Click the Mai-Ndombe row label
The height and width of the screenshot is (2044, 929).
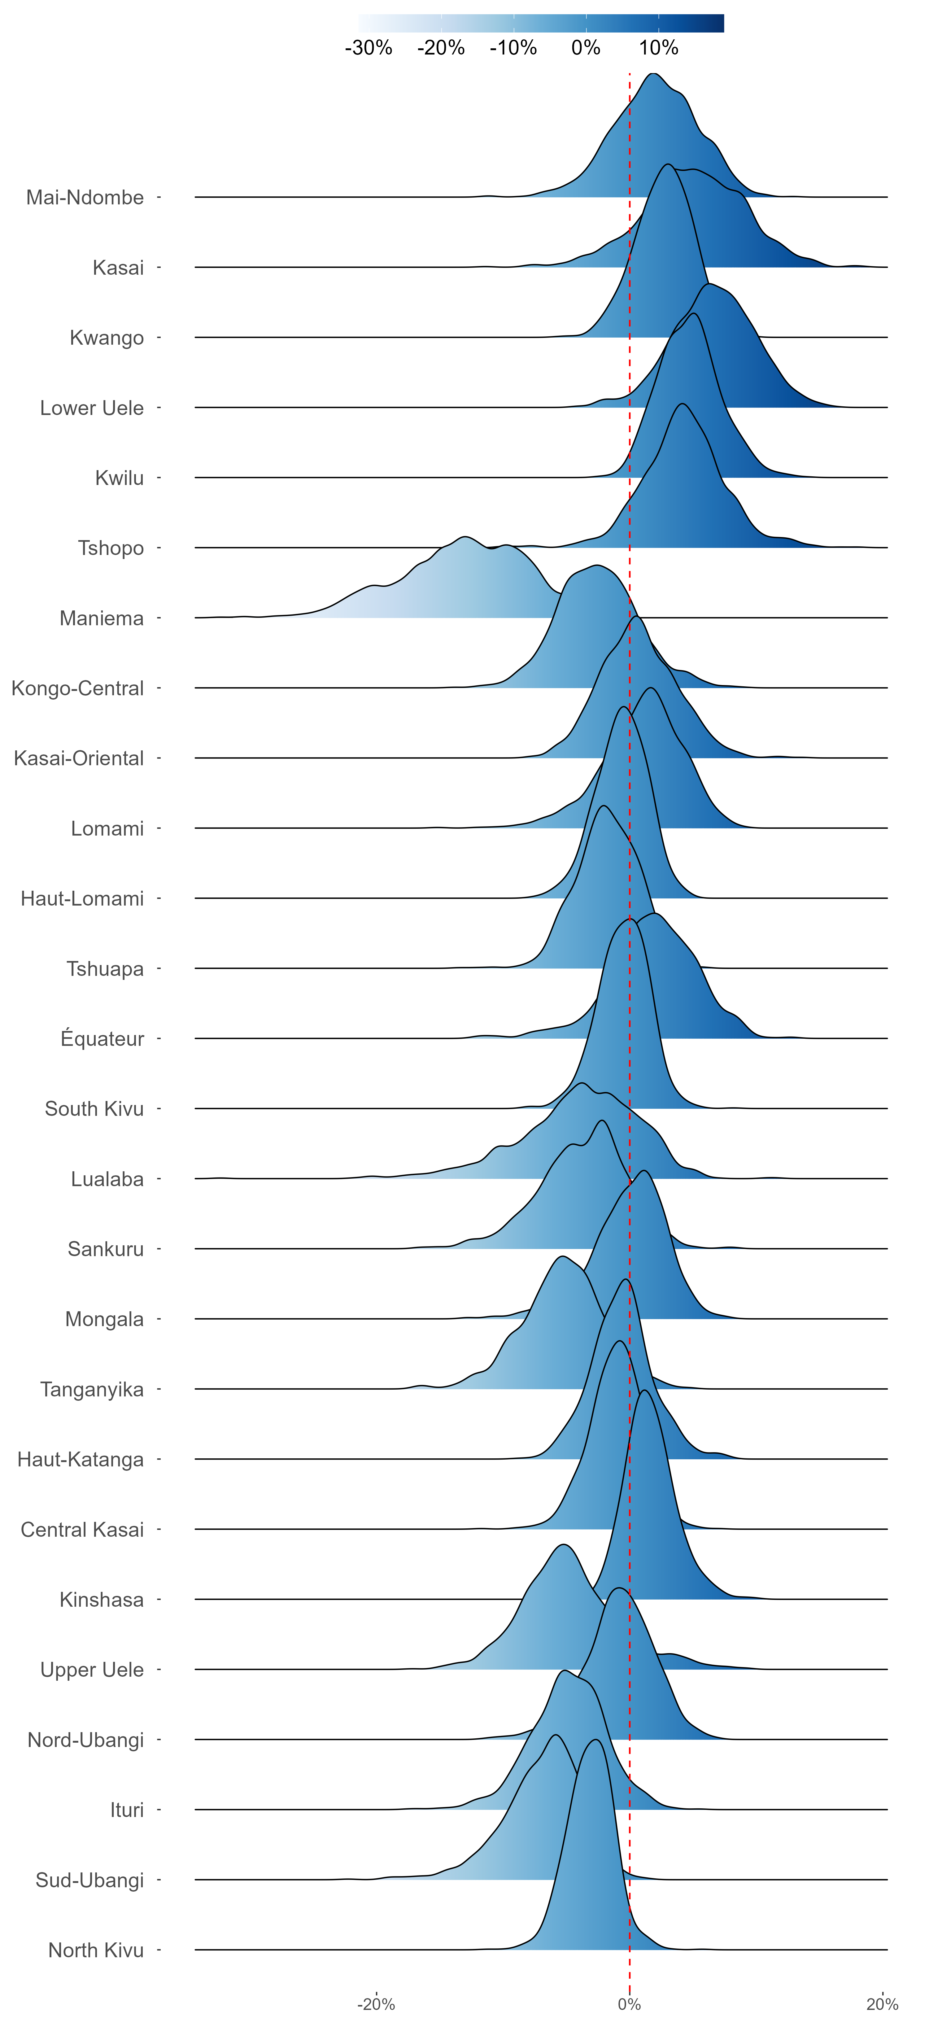[85, 198]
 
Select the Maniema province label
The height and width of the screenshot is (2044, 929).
[102, 618]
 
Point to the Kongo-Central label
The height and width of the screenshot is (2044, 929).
[78, 688]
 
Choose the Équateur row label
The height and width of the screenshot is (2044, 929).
[102, 1039]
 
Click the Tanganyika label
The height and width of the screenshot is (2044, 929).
[92, 1389]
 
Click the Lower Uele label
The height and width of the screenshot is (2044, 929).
[92, 408]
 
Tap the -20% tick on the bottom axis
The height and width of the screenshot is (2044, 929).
[376, 2004]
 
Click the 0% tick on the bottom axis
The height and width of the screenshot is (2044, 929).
[629, 2004]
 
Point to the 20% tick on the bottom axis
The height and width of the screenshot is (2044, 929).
[882, 2004]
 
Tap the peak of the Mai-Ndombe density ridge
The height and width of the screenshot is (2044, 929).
[653, 74]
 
